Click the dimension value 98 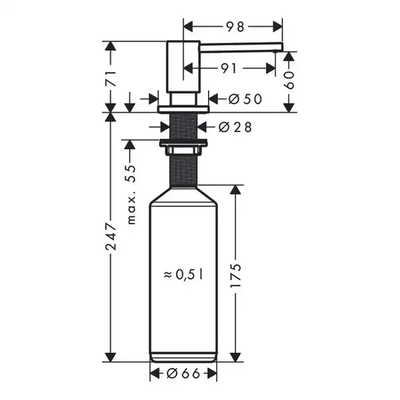(x=235, y=27)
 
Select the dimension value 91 (x=229, y=69)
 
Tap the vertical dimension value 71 (x=111, y=79)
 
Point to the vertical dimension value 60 (x=289, y=80)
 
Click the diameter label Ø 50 (x=245, y=99)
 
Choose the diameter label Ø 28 (x=235, y=127)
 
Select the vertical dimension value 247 (x=111, y=237)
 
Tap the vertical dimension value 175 (x=235, y=276)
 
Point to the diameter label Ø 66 (x=183, y=374)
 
